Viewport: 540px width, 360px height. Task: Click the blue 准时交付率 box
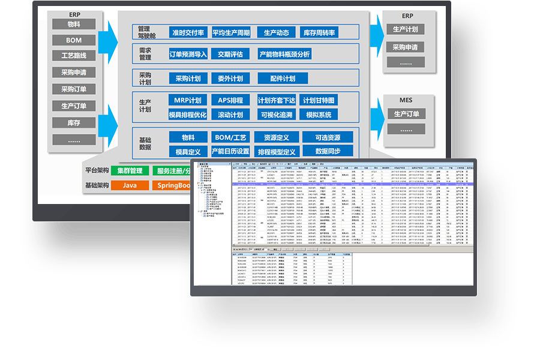click(x=188, y=32)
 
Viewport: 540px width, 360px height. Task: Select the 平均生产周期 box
click(x=230, y=32)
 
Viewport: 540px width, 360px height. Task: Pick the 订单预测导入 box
click(x=188, y=54)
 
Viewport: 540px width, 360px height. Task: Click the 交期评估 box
click(x=230, y=54)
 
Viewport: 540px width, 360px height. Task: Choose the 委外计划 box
click(x=230, y=79)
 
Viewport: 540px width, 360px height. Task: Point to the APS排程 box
click(x=230, y=100)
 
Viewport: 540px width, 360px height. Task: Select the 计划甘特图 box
click(x=319, y=100)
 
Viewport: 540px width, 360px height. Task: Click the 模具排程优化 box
click(x=188, y=115)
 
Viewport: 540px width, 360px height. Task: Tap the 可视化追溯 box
click(x=277, y=115)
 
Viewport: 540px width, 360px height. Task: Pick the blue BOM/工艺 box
click(x=230, y=137)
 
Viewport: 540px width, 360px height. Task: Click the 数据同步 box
click(x=328, y=151)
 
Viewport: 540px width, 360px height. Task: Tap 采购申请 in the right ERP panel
click(x=406, y=47)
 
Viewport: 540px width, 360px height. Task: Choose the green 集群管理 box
click(x=130, y=171)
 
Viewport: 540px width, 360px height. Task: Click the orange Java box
click(x=130, y=185)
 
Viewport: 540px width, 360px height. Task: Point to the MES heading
click(x=406, y=100)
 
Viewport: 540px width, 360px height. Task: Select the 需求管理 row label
click(x=145, y=54)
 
